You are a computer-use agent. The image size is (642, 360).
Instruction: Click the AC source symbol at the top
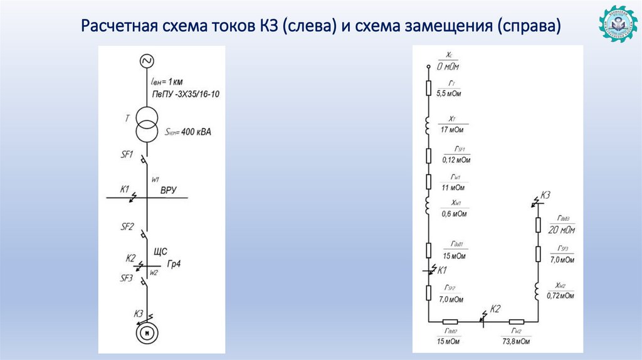coord(147,61)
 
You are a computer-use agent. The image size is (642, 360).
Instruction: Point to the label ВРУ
coord(169,189)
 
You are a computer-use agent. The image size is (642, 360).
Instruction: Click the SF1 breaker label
coord(127,154)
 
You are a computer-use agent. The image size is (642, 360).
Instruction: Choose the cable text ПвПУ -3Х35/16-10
coord(186,93)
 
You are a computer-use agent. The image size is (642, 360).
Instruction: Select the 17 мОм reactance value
coord(451,130)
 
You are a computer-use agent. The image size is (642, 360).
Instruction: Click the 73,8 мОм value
coord(517,342)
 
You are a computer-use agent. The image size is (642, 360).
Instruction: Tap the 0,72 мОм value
coord(560,295)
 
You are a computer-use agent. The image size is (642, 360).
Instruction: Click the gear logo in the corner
coord(617,26)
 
